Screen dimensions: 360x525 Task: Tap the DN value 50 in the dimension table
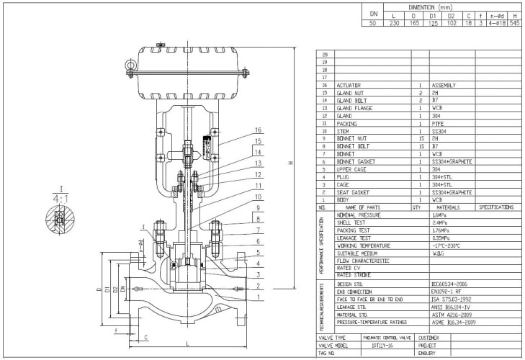pos(373,23)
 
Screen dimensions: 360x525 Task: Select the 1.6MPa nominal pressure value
pos(439,215)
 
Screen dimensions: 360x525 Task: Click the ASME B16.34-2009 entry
pos(454,322)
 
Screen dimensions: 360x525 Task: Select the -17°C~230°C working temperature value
pos(446,246)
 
